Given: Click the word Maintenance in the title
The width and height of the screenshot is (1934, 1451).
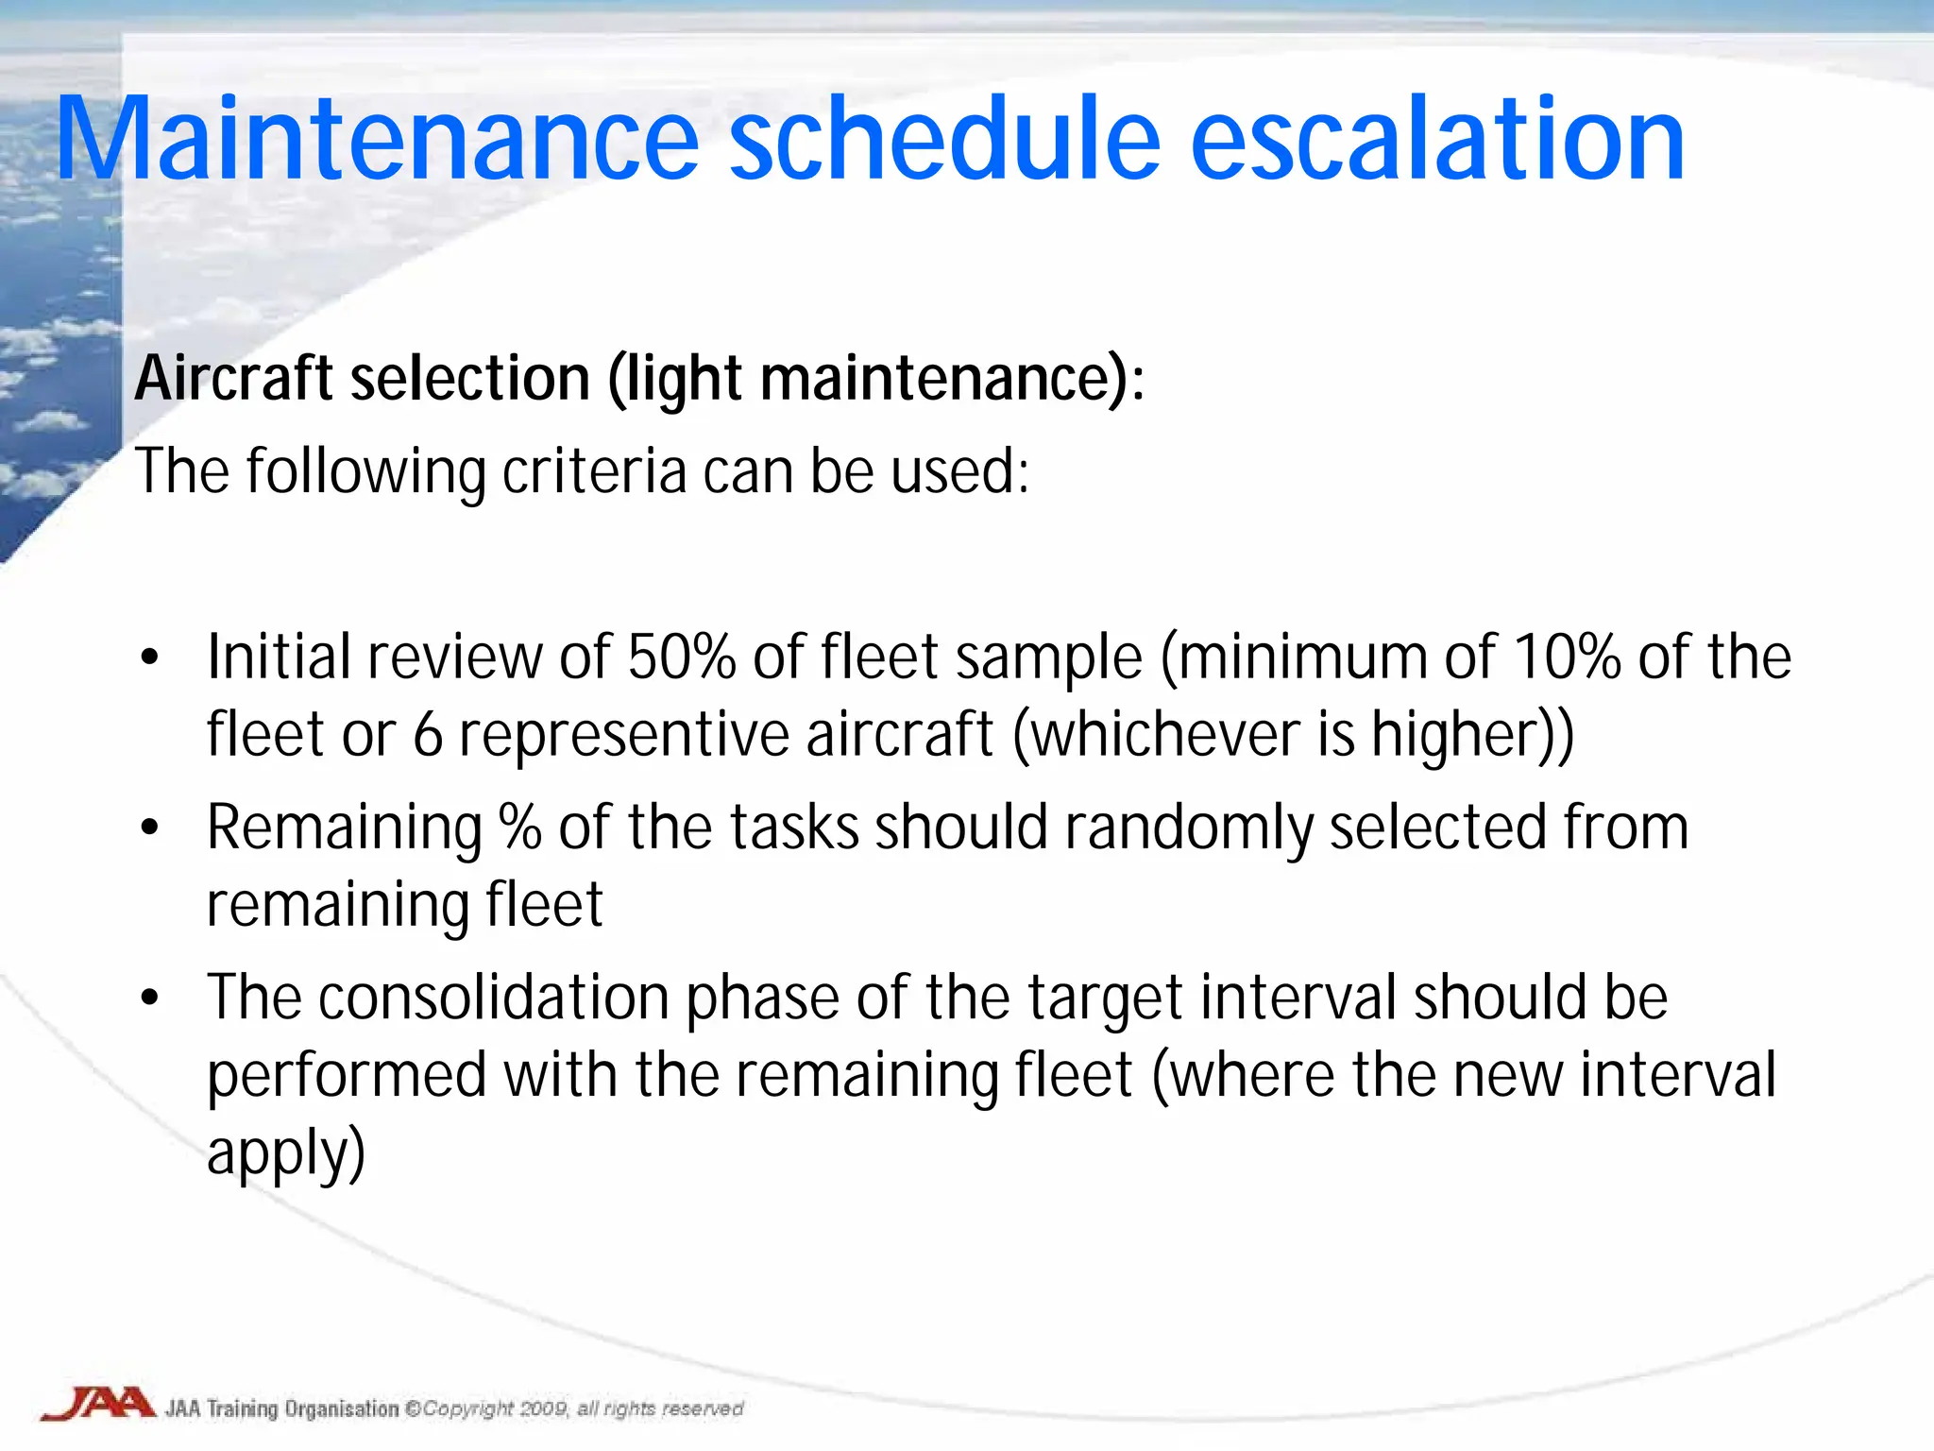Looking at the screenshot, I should pyautogui.click(x=378, y=140).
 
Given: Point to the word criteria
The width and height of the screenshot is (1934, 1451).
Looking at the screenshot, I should pyautogui.click(x=593, y=470).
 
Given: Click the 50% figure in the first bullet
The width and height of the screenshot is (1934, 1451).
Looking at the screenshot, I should pyautogui.click(x=681, y=657).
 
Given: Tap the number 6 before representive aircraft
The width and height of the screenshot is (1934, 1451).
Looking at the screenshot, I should pyautogui.click(x=428, y=735).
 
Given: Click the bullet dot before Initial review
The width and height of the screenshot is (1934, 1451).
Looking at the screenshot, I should pyautogui.click(x=149, y=657).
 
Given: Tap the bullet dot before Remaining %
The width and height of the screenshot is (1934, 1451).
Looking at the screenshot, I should pyautogui.click(x=149, y=828).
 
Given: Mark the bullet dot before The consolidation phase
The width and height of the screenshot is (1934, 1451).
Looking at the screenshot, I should pyautogui.click(x=149, y=999).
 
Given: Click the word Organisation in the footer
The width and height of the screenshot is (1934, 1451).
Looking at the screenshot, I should pyautogui.click(x=342, y=1408).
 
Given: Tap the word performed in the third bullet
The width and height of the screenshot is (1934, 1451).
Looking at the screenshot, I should pyautogui.click(x=346, y=1077).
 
